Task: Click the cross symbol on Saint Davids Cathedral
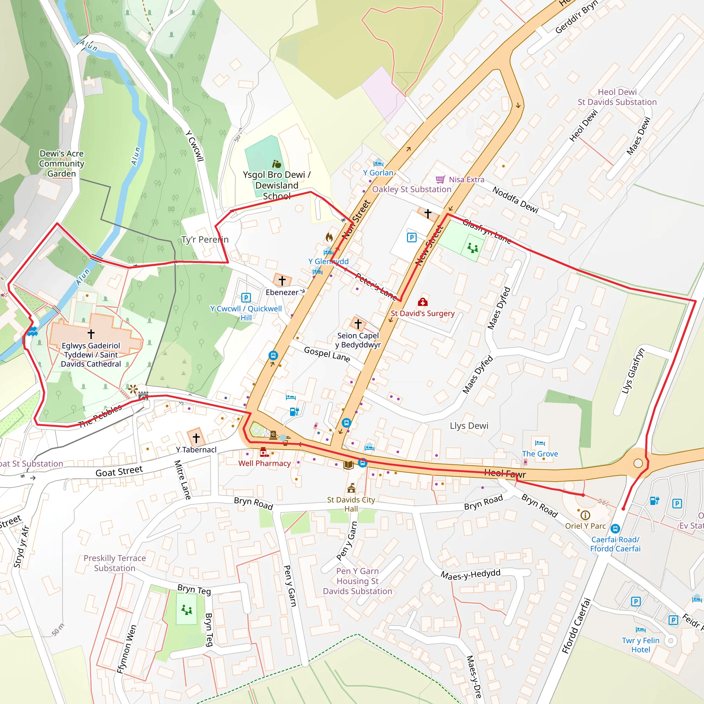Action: (x=91, y=333)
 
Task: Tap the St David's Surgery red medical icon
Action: (x=423, y=302)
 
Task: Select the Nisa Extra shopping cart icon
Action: (x=440, y=179)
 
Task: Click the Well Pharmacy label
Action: (x=265, y=463)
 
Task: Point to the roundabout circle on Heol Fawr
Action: (x=638, y=463)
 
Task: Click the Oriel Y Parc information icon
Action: (x=585, y=515)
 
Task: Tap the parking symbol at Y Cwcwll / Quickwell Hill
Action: (x=246, y=298)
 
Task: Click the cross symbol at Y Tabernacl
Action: (x=196, y=438)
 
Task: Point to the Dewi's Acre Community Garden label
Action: (x=62, y=164)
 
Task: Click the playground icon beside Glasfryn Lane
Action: (x=473, y=249)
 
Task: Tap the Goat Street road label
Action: (x=119, y=472)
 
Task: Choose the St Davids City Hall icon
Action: (x=351, y=487)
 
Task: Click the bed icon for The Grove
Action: (x=540, y=443)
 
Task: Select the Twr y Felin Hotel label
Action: (x=641, y=645)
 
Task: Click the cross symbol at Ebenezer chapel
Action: (x=282, y=280)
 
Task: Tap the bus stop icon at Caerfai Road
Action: (x=615, y=528)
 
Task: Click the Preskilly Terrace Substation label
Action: (x=114, y=563)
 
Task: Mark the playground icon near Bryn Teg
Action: (x=187, y=609)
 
